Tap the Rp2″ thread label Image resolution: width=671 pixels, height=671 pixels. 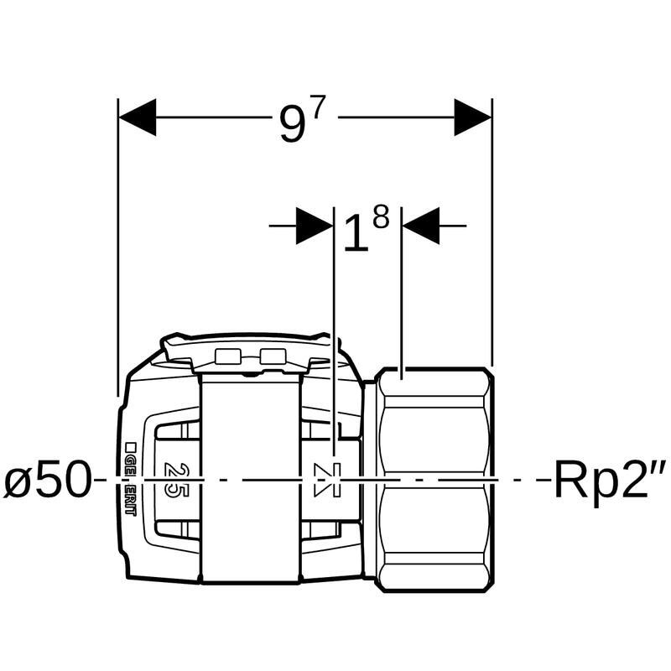[x=610, y=481]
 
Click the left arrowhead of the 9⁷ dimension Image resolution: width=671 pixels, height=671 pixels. [x=138, y=117]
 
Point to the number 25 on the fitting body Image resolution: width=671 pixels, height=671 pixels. [x=175, y=480]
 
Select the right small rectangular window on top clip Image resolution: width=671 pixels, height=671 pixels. [x=273, y=356]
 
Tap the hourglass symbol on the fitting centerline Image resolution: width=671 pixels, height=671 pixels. [x=323, y=480]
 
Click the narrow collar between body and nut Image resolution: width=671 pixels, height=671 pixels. [x=369, y=480]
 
